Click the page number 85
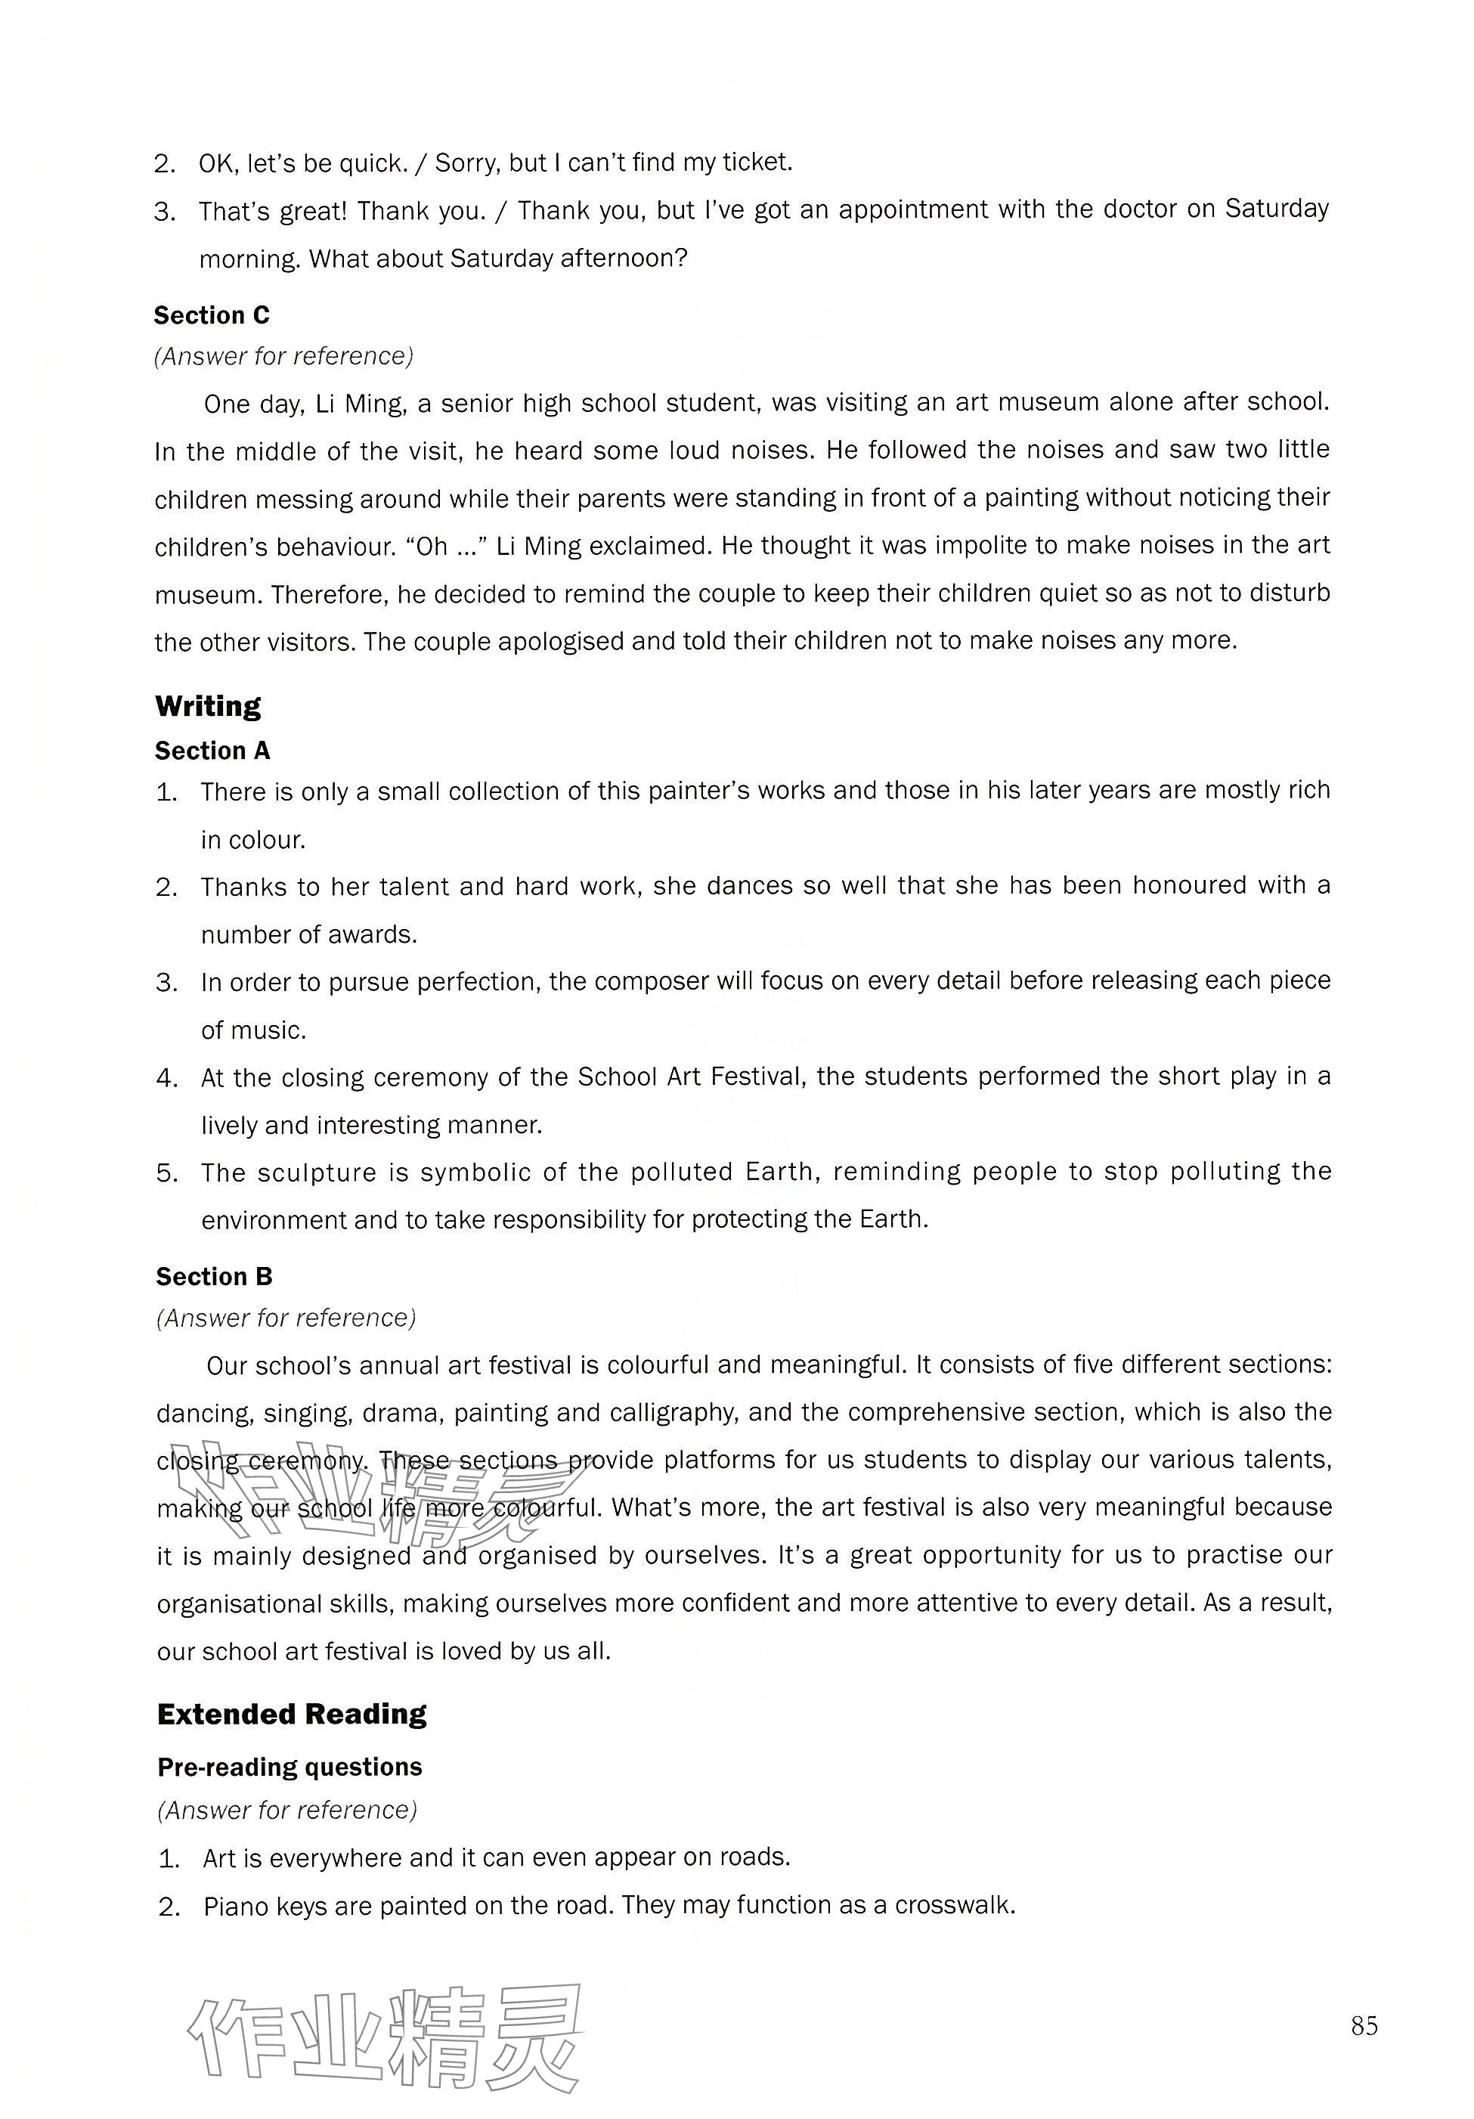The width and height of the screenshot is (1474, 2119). point(1363,2025)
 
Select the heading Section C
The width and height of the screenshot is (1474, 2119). point(212,316)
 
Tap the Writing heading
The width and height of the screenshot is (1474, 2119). point(208,706)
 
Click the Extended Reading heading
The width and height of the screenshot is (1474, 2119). point(292,1714)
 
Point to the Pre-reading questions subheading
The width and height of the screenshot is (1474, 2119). point(289,1767)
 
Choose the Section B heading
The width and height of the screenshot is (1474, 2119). point(214,1276)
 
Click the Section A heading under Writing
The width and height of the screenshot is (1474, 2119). point(212,751)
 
